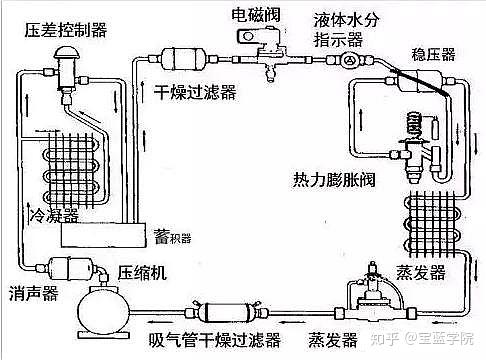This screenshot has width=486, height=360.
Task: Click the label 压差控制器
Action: coord(66,30)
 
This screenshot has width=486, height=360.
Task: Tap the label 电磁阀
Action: coord(256,15)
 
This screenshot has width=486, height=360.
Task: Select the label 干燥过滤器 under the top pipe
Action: coord(195,92)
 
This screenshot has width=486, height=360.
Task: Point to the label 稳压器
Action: coord(433,54)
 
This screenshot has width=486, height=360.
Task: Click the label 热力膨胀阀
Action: coord(334,180)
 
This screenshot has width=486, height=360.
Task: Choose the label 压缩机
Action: coord(142,273)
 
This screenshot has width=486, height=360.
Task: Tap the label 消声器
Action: coord(34,293)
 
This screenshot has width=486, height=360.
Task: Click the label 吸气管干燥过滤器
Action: coord(214,340)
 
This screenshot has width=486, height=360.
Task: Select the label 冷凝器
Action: coord(54,215)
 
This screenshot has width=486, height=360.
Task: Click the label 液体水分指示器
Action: coord(346,30)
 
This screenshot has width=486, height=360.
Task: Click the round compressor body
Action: coord(103,312)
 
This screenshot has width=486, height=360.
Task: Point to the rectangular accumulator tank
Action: coord(104,235)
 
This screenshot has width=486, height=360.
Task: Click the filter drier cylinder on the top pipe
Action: coord(183,59)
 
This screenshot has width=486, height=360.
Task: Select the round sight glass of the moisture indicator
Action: coord(349,60)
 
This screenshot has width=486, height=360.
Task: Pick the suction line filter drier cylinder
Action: coord(226,312)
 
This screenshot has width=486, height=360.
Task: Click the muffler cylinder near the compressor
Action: coord(70,269)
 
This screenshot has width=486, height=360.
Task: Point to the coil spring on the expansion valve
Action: coord(415,125)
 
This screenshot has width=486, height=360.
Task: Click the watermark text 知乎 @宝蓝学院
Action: coord(422,339)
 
